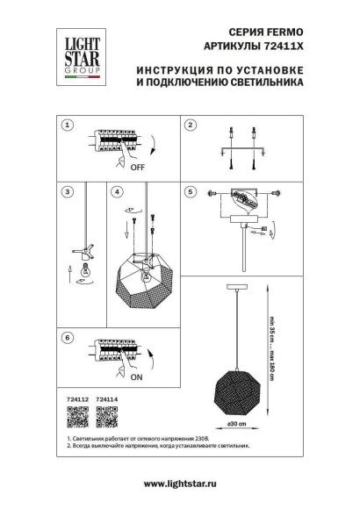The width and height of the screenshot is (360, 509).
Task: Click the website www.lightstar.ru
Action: tap(179, 484)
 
